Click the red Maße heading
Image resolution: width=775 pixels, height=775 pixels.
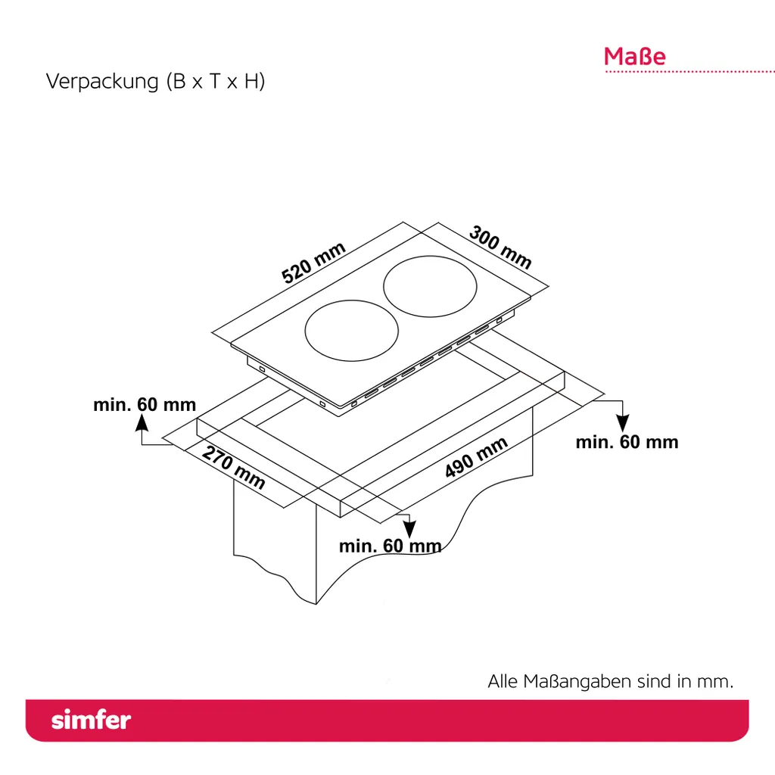[x=634, y=57]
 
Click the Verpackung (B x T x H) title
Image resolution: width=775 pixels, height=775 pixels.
[x=156, y=82]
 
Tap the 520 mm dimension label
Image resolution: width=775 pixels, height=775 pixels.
[x=313, y=263]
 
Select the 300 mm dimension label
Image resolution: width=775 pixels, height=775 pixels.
[x=500, y=247]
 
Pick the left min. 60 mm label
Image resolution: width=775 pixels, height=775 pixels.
[x=145, y=405]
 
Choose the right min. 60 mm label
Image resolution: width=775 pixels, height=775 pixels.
[x=627, y=442]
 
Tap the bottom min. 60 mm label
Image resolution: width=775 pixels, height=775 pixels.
[x=390, y=546]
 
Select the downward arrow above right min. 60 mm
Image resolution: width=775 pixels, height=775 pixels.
[x=623, y=419]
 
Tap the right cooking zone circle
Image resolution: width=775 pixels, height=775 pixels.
[x=431, y=287]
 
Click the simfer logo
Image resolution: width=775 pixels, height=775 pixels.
[x=91, y=720]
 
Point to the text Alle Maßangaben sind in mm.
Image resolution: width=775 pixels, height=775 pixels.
[x=610, y=681]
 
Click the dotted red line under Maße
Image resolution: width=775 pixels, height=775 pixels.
[x=689, y=72]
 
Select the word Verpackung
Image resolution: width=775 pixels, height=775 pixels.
[x=101, y=82]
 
